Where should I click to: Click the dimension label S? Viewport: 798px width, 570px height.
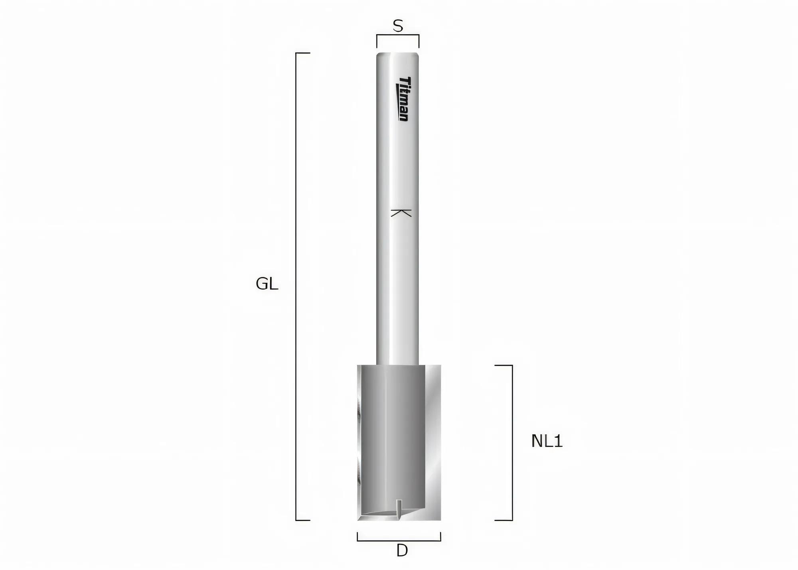click(x=398, y=26)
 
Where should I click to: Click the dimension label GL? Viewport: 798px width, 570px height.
click(x=267, y=284)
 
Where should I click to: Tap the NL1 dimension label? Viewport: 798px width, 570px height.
click(x=547, y=441)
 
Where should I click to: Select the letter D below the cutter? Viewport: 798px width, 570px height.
click(x=402, y=551)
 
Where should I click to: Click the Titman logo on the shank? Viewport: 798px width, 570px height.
click(x=404, y=99)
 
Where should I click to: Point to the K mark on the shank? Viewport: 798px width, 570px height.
click(x=401, y=213)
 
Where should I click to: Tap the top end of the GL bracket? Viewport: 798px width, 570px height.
click(x=303, y=53)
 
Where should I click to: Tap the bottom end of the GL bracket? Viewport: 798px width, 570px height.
click(x=303, y=520)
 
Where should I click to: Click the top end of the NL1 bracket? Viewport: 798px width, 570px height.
click(x=503, y=365)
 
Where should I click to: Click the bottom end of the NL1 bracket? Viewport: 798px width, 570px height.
click(x=503, y=520)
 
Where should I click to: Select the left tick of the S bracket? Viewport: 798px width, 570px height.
click(x=377, y=41)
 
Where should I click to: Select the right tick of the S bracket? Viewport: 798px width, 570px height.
click(x=419, y=41)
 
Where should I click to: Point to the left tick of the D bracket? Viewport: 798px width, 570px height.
click(x=358, y=536)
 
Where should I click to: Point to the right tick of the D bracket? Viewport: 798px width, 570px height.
click(x=440, y=536)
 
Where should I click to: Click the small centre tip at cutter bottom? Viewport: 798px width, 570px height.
click(x=399, y=509)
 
